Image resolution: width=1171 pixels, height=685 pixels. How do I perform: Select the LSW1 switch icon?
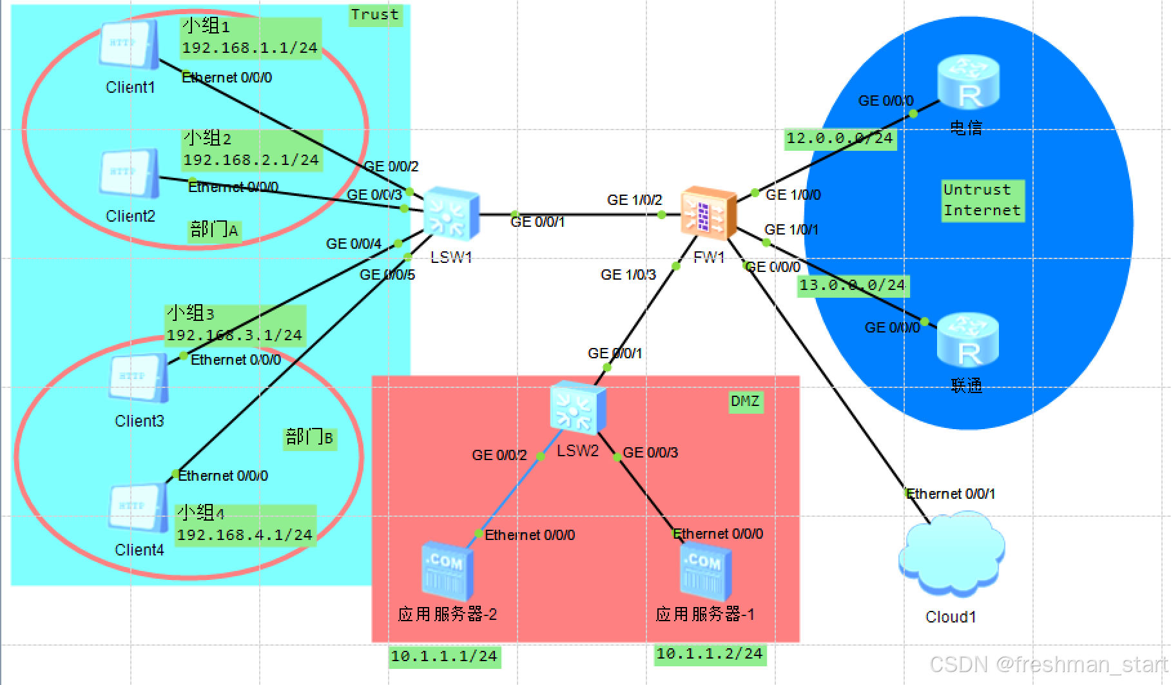point(451,214)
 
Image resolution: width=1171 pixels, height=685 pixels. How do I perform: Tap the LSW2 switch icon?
point(578,408)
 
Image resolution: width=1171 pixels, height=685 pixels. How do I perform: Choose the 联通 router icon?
point(967,342)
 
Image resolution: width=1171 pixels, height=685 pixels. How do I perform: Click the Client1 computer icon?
point(130,45)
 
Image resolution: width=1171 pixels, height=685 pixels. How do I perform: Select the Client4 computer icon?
point(139,509)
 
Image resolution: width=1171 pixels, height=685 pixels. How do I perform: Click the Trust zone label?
point(375,15)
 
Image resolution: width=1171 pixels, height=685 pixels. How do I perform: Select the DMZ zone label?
point(745,402)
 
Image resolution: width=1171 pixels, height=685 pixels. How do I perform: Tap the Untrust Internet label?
point(982,200)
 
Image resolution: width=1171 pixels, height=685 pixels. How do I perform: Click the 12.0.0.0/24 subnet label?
point(840,138)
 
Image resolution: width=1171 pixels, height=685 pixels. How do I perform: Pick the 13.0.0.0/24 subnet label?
point(852,285)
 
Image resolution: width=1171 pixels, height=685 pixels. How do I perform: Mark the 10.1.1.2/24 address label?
point(710,654)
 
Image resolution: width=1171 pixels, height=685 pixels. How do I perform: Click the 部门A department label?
point(215,229)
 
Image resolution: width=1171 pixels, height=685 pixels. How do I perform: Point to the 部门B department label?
point(309,438)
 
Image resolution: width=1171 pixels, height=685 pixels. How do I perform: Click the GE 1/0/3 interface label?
point(628,275)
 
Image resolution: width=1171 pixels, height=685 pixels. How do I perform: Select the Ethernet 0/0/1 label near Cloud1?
point(951,494)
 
